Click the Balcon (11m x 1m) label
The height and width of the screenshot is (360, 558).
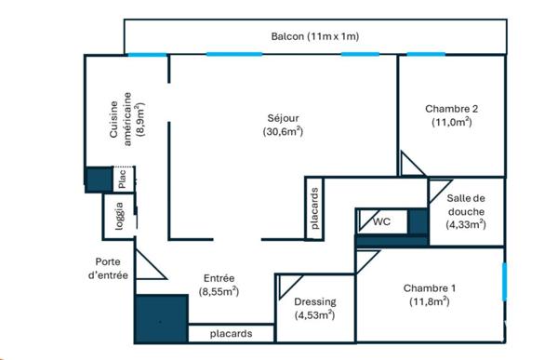(x=315, y=36)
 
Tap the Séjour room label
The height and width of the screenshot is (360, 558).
(x=283, y=125)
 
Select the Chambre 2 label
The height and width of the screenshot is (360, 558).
(x=452, y=115)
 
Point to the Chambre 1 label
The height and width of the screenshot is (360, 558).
(x=429, y=295)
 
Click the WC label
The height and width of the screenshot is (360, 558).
(x=381, y=221)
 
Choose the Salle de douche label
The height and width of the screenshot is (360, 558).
(x=466, y=211)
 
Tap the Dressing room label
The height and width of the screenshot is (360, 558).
(x=315, y=308)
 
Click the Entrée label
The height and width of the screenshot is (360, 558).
(x=219, y=285)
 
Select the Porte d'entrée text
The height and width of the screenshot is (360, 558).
(x=108, y=269)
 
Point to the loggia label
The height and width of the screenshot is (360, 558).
(x=120, y=216)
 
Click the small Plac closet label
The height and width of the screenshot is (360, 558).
(x=122, y=179)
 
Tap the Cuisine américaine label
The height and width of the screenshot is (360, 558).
(x=127, y=119)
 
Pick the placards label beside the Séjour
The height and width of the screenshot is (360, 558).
(x=314, y=208)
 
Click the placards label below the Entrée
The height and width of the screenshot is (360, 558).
(x=231, y=334)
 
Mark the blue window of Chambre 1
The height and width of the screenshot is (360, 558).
(x=504, y=282)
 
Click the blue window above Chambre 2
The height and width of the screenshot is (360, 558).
(x=426, y=55)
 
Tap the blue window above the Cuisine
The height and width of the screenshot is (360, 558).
(x=147, y=55)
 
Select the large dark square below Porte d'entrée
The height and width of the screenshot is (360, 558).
(x=162, y=319)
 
